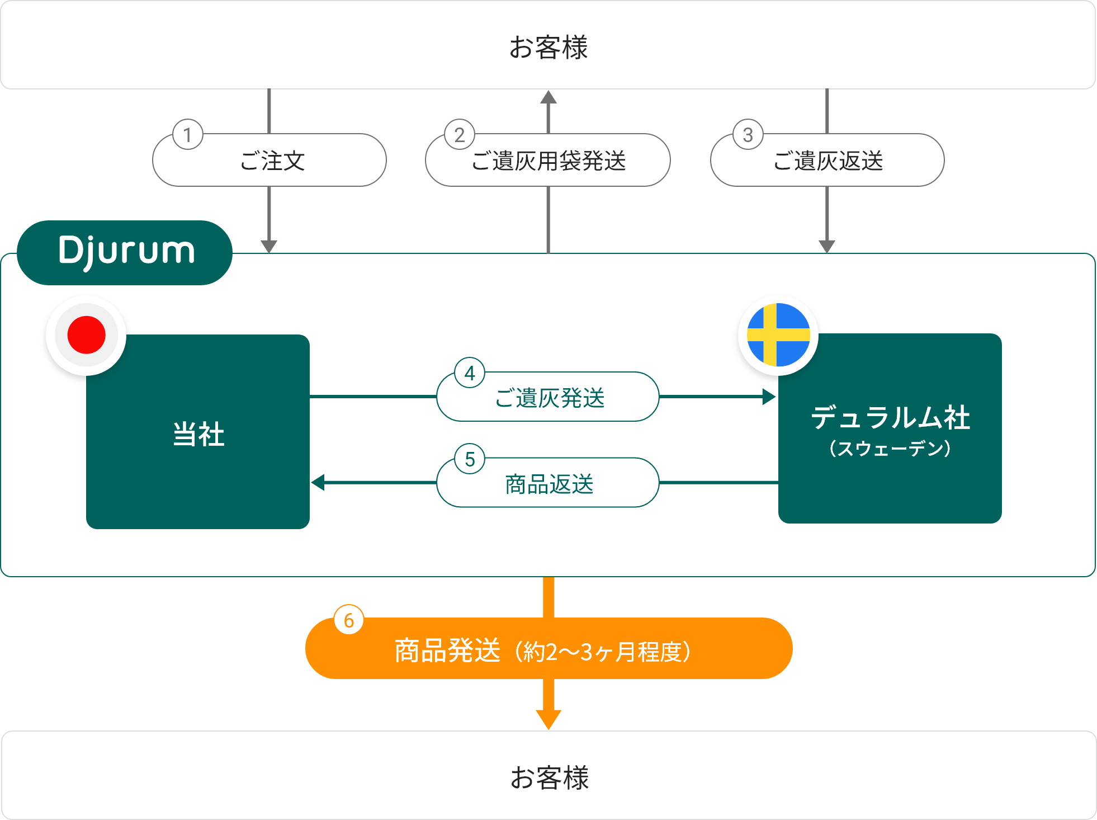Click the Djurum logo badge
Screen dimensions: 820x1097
click(125, 252)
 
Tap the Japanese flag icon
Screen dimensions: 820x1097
click(87, 335)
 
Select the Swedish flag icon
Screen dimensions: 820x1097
click(778, 335)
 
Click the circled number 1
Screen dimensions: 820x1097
click(187, 135)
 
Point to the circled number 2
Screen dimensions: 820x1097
click(460, 135)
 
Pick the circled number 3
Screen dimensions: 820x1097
click(748, 135)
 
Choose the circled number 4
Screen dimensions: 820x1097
click(470, 373)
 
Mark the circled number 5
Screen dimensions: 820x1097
click(470, 459)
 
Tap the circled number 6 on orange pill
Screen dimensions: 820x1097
click(349, 620)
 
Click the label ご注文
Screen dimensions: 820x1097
click(272, 161)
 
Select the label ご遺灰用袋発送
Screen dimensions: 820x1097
click(548, 161)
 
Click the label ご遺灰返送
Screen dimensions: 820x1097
click(828, 161)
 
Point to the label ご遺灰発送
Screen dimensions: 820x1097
click(550, 398)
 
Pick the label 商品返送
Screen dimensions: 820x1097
click(549, 484)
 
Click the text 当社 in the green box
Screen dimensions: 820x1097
click(198, 434)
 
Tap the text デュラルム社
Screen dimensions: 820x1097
click(890, 418)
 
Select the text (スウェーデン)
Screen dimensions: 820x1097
click(890, 449)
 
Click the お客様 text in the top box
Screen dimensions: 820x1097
click(548, 47)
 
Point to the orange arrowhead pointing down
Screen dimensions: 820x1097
click(548, 719)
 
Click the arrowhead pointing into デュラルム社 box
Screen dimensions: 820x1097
click(769, 397)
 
